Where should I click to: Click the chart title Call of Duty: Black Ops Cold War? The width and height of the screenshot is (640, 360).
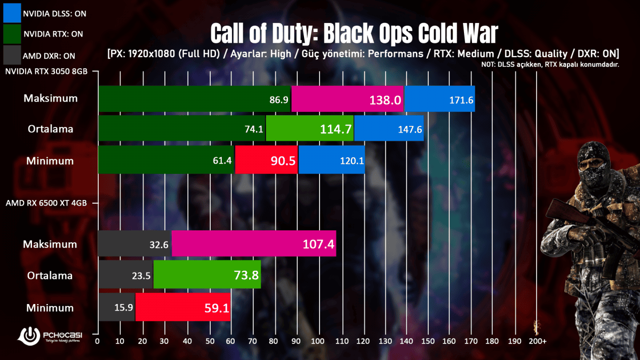354,33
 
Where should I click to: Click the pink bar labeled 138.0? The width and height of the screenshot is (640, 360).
348,99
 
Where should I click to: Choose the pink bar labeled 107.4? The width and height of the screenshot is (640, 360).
254,244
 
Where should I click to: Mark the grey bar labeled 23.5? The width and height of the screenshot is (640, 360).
125,276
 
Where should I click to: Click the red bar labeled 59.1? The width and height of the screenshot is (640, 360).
183,308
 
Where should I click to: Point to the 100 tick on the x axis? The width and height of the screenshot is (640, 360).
319,340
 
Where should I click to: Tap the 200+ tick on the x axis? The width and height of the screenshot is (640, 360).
537,340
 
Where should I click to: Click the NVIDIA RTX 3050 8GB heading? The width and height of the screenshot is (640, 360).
46,71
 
